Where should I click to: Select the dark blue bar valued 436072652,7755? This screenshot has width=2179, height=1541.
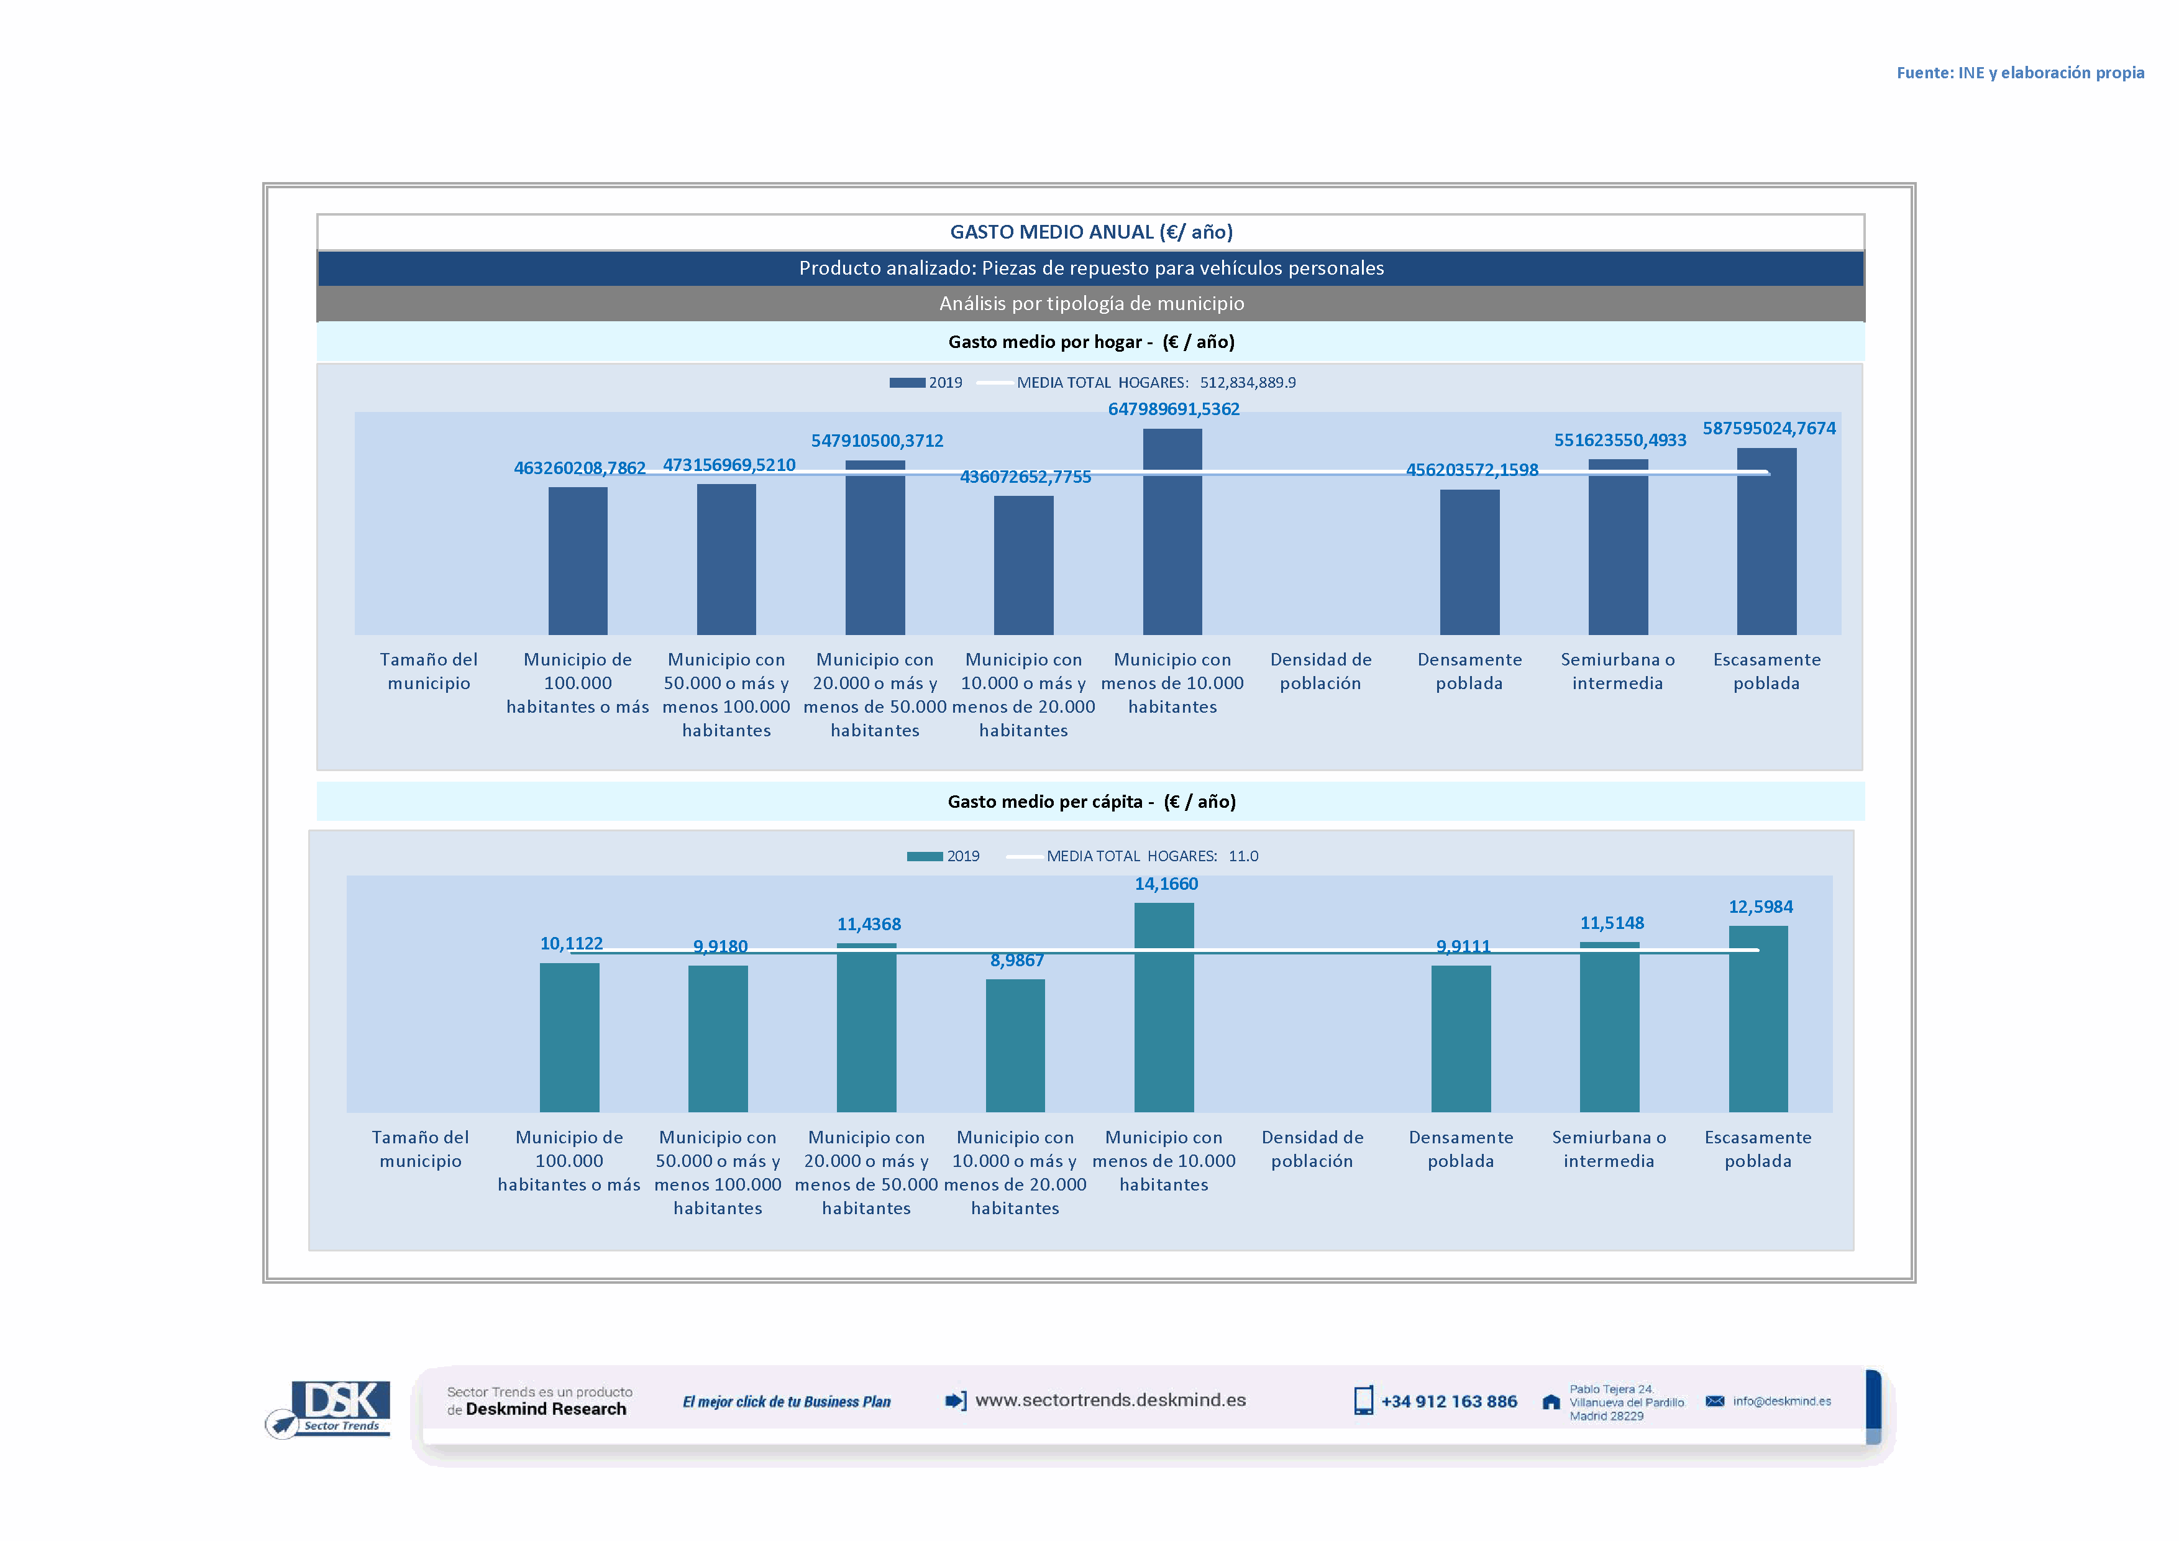click(x=1023, y=565)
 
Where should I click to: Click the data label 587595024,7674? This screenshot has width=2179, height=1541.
click(x=1768, y=428)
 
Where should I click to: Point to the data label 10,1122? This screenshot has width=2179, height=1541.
click(x=572, y=943)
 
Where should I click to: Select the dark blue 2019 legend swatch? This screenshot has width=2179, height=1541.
click(x=907, y=382)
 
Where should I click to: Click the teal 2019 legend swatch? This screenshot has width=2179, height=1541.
click(x=925, y=856)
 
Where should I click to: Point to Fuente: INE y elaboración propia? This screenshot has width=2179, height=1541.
click(x=2019, y=73)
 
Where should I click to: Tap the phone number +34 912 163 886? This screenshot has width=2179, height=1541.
click(x=1448, y=1402)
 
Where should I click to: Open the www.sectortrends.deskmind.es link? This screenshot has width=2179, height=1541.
click(x=1110, y=1401)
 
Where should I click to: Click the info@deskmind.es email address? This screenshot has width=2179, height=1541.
click(x=1781, y=1402)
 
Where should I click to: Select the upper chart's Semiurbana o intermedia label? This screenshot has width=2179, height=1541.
click(x=1617, y=671)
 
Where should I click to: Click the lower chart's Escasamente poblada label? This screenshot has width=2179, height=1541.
click(x=1758, y=1149)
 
